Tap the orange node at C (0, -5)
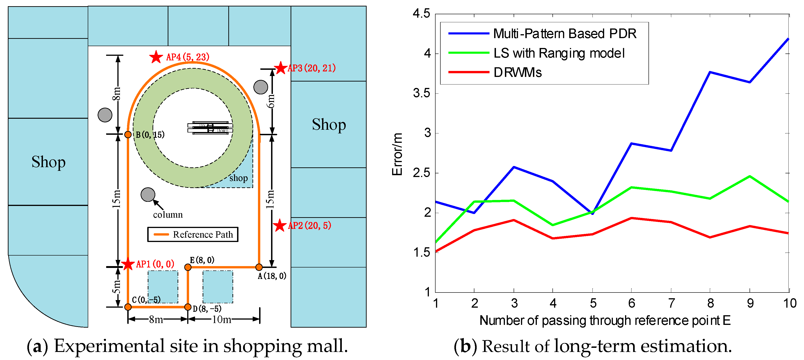128,307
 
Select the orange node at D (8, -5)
188,307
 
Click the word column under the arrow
168,215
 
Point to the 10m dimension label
222,319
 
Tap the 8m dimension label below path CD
156,319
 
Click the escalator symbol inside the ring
210,128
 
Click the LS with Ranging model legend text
559,53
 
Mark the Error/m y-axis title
397,154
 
